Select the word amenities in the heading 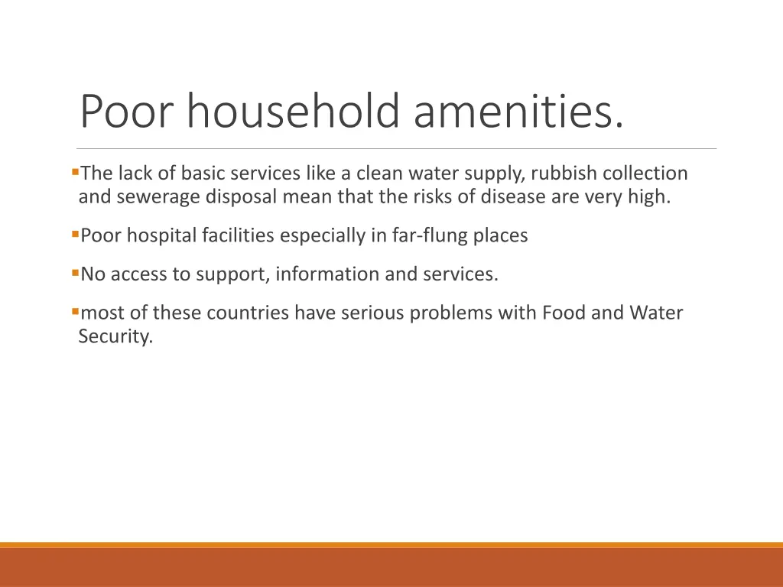(518, 111)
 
